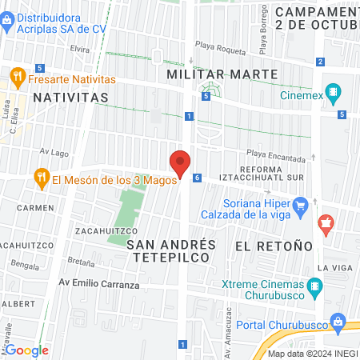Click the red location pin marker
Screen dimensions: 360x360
(180, 164)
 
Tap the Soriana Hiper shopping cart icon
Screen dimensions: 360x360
(301, 207)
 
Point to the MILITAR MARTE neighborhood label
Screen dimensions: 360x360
(222, 74)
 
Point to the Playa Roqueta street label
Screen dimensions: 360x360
(223, 50)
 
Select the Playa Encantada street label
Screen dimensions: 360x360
(276, 155)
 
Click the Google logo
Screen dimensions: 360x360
(26, 350)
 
